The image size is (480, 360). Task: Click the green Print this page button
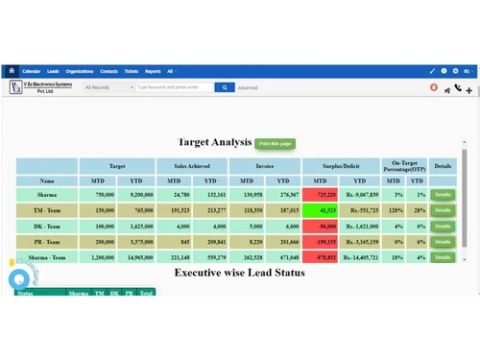click(x=276, y=144)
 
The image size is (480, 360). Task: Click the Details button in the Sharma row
click(x=442, y=195)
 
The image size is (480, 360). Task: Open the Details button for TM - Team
click(x=442, y=210)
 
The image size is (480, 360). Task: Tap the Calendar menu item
click(x=31, y=71)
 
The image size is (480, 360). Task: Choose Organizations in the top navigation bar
click(x=80, y=71)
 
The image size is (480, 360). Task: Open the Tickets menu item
click(x=132, y=71)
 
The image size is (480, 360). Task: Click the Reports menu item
click(x=153, y=71)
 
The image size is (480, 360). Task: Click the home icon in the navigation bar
click(x=12, y=71)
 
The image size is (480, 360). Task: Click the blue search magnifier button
click(x=224, y=87)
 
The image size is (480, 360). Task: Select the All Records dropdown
click(x=108, y=87)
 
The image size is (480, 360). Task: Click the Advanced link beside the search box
click(x=248, y=87)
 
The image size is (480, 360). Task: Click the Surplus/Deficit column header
click(x=341, y=166)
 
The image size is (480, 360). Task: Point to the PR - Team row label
click(x=47, y=242)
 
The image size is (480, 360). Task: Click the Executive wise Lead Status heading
click(x=239, y=273)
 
